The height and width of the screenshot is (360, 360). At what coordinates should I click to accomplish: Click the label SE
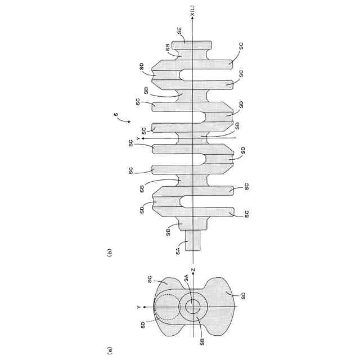179,31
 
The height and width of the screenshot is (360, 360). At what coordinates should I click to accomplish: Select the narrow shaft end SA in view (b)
192,241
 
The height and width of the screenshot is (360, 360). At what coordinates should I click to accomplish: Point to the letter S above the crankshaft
116,114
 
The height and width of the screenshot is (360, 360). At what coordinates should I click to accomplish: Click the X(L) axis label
192,11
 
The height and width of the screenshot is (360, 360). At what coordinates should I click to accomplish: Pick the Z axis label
193,269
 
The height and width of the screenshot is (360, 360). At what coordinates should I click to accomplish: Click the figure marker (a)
110,350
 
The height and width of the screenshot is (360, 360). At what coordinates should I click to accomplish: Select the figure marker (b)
110,252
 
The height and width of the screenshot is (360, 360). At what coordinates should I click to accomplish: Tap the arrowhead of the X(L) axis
192,18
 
